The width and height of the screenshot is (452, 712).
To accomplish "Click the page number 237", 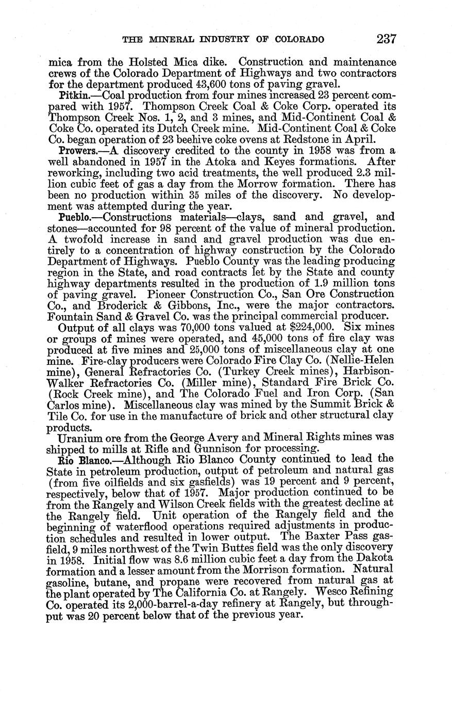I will tap(386, 39).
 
